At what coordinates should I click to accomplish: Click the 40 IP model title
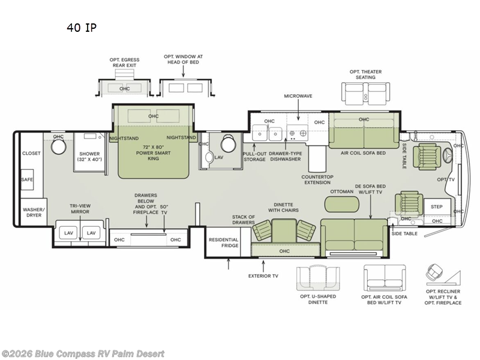point(82,28)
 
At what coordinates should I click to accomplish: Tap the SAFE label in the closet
point(27,179)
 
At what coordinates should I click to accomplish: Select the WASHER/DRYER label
point(34,212)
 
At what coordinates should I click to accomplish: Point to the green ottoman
point(342,204)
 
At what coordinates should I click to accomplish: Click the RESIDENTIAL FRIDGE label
point(223,242)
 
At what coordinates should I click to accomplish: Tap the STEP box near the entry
point(437,206)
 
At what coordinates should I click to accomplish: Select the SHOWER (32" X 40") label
point(89,157)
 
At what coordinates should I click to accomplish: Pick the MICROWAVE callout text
point(298,96)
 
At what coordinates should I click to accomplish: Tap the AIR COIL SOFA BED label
point(363,153)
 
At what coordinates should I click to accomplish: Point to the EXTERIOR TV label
point(263,276)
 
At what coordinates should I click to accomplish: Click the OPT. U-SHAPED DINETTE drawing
point(318,278)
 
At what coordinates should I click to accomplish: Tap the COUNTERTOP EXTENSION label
point(317,179)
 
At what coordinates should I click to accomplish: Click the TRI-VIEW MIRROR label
point(80,209)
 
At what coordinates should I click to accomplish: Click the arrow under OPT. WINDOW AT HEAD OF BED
point(183,71)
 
